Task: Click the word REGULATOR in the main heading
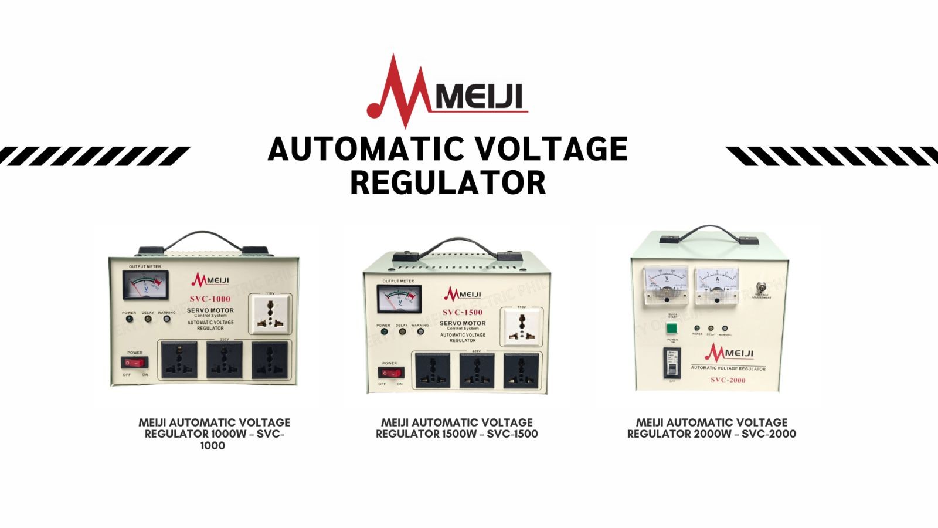tap(448, 182)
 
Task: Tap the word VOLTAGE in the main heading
tap(550, 149)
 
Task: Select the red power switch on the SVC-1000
tap(135, 363)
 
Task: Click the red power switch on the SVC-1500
tap(390, 373)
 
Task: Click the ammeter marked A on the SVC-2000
tap(717, 286)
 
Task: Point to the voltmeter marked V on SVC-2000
tap(665, 286)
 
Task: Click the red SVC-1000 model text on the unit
tap(210, 299)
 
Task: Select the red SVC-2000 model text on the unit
tap(728, 380)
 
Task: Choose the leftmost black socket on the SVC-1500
tap(433, 369)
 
